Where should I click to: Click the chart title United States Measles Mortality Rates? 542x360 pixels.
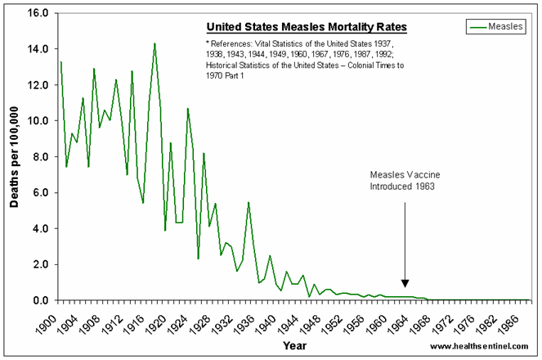306,28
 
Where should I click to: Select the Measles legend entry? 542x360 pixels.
499,27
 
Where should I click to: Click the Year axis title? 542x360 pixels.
295,345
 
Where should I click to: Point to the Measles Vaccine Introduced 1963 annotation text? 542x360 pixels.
404,181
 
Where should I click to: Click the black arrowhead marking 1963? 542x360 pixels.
405,283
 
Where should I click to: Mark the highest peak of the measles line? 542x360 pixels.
155,43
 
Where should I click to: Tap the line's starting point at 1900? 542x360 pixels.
60,62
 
